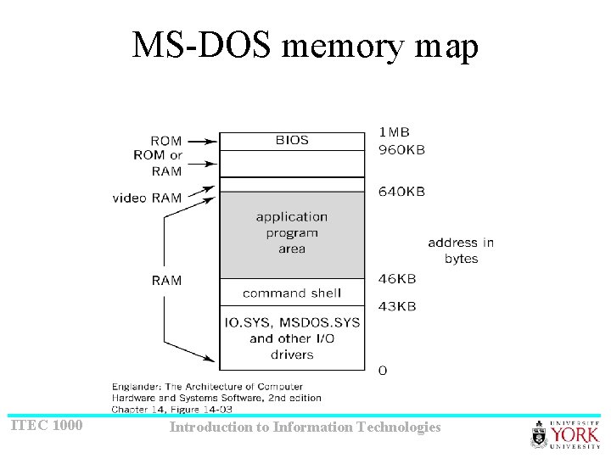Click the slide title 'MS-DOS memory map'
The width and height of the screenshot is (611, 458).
click(x=305, y=46)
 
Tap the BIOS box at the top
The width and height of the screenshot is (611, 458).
click(x=292, y=141)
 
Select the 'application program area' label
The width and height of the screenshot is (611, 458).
click(x=292, y=232)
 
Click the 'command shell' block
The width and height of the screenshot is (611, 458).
click(x=292, y=293)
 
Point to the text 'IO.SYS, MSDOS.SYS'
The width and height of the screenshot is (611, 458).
click(x=292, y=323)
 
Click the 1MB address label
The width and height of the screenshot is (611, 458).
click(x=394, y=132)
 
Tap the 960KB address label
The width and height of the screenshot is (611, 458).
click(x=401, y=149)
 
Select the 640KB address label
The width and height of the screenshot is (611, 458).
click(x=401, y=192)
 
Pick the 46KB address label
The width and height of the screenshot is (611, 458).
click(x=396, y=278)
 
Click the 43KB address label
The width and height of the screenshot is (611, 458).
click(x=396, y=306)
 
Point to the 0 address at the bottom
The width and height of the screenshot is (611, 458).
click(x=383, y=371)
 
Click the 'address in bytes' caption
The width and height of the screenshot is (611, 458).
click(x=461, y=250)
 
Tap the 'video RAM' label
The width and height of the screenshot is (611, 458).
click(x=147, y=198)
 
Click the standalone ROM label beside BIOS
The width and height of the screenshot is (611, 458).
click(x=165, y=141)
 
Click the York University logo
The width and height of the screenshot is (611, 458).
click(x=564, y=433)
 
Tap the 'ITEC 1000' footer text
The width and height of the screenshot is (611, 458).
click(x=47, y=426)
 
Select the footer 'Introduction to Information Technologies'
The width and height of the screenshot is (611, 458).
click(x=305, y=427)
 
